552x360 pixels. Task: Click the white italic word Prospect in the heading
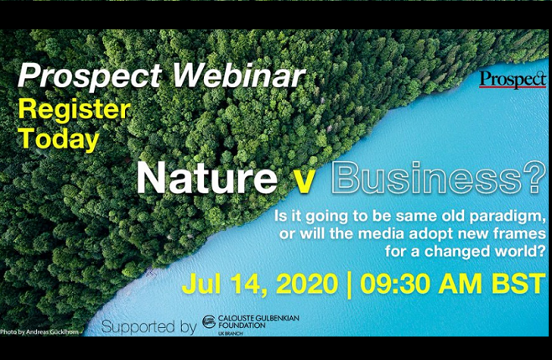point(90,77)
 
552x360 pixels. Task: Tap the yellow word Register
point(75,110)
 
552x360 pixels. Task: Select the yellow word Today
point(59,139)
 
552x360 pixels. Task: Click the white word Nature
point(207,178)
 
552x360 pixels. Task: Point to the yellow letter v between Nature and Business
point(304,182)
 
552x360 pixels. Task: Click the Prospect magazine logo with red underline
point(513,80)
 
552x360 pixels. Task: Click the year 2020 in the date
point(307,284)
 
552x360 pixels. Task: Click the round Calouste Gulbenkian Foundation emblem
point(209,322)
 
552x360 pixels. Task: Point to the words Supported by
point(148,327)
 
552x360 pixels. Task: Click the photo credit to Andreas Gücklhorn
point(39,331)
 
